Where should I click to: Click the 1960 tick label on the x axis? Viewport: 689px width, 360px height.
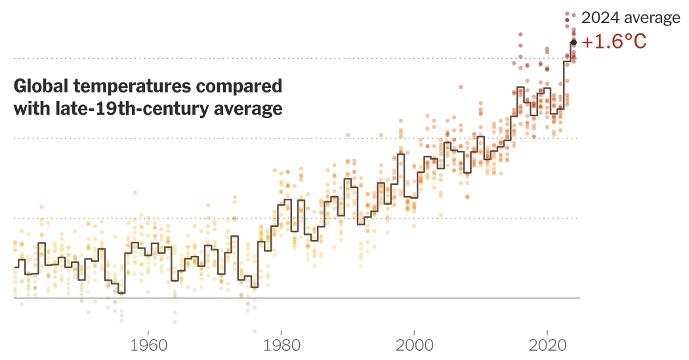pyautogui.click(x=148, y=345)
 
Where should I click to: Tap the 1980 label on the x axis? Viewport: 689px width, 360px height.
pyautogui.click(x=282, y=345)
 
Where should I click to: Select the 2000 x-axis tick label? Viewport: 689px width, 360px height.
pyautogui.click(x=415, y=345)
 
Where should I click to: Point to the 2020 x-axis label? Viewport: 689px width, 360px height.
pyautogui.click(x=548, y=345)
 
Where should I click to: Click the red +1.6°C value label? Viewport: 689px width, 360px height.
pyautogui.click(x=614, y=42)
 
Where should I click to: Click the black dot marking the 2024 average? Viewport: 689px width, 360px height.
pyautogui.click(x=573, y=42)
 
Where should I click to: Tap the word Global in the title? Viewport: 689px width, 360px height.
pyautogui.click(x=39, y=87)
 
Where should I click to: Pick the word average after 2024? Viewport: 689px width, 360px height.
pyautogui.click(x=650, y=18)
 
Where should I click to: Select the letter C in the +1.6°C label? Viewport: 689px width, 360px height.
pyautogui.click(x=638, y=42)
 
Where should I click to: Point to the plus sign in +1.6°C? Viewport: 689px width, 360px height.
pyautogui.click(x=588, y=43)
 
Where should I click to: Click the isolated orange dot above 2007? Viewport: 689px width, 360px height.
pyautogui.click(x=461, y=87)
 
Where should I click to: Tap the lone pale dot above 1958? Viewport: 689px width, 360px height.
pyautogui.click(x=135, y=193)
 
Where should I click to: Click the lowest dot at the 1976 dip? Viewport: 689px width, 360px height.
pyautogui.click(x=254, y=332)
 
